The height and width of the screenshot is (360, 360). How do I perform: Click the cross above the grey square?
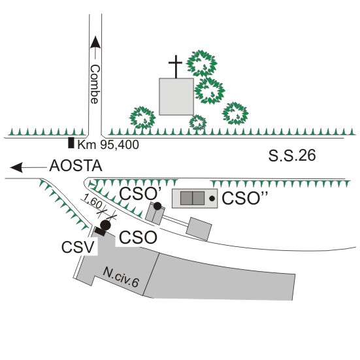pyautogui.click(x=176, y=67)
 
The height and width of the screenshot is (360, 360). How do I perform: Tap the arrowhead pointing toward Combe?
pyautogui.click(x=95, y=42)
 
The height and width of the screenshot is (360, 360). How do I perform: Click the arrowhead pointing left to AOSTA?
pyautogui.click(x=16, y=167)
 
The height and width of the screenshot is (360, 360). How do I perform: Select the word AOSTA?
pyautogui.click(x=76, y=166)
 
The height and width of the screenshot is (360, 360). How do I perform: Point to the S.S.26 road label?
pyautogui.click(x=292, y=155)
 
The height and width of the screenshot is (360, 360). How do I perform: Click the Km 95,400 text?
pyautogui.click(x=108, y=144)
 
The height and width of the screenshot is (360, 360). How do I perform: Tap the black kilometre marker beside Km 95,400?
pyautogui.click(x=71, y=142)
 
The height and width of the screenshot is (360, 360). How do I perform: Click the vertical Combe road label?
pyautogui.click(x=95, y=84)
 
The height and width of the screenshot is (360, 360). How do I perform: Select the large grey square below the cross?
pyautogui.click(x=176, y=97)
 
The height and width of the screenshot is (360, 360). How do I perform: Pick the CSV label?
pyautogui.click(x=78, y=247)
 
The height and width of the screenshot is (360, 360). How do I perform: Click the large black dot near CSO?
pyautogui.click(x=106, y=225)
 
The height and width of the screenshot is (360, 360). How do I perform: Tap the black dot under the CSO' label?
pyautogui.click(x=157, y=206)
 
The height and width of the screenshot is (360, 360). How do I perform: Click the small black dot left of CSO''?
pyautogui.click(x=212, y=199)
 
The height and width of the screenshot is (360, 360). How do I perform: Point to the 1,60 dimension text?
pyautogui.click(x=92, y=201)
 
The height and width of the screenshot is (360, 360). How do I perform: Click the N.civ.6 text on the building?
pyautogui.click(x=121, y=277)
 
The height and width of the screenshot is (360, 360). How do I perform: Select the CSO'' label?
pyautogui.click(x=245, y=198)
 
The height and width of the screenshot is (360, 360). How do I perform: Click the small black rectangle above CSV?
pyautogui.click(x=101, y=231)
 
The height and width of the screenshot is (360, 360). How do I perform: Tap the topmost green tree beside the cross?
pyautogui.click(x=202, y=63)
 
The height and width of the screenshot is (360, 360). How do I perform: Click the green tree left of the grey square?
pyautogui.click(x=142, y=118)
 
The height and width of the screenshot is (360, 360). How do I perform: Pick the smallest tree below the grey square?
pyautogui.click(x=198, y=122)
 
